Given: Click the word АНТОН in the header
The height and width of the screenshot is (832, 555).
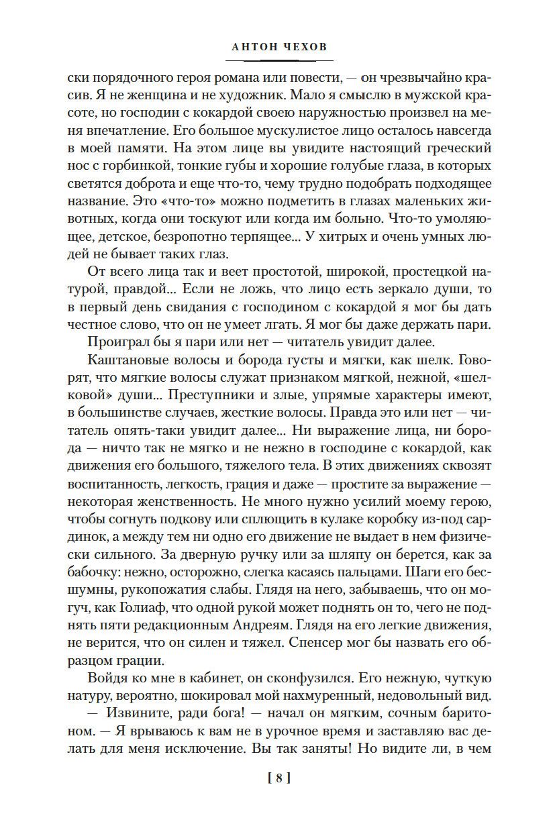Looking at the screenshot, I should (x=251, y=48).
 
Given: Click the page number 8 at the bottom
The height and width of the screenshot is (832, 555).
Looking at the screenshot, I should (x=277, y=778).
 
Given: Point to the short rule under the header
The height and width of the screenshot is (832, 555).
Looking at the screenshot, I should (x=277, y=63).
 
